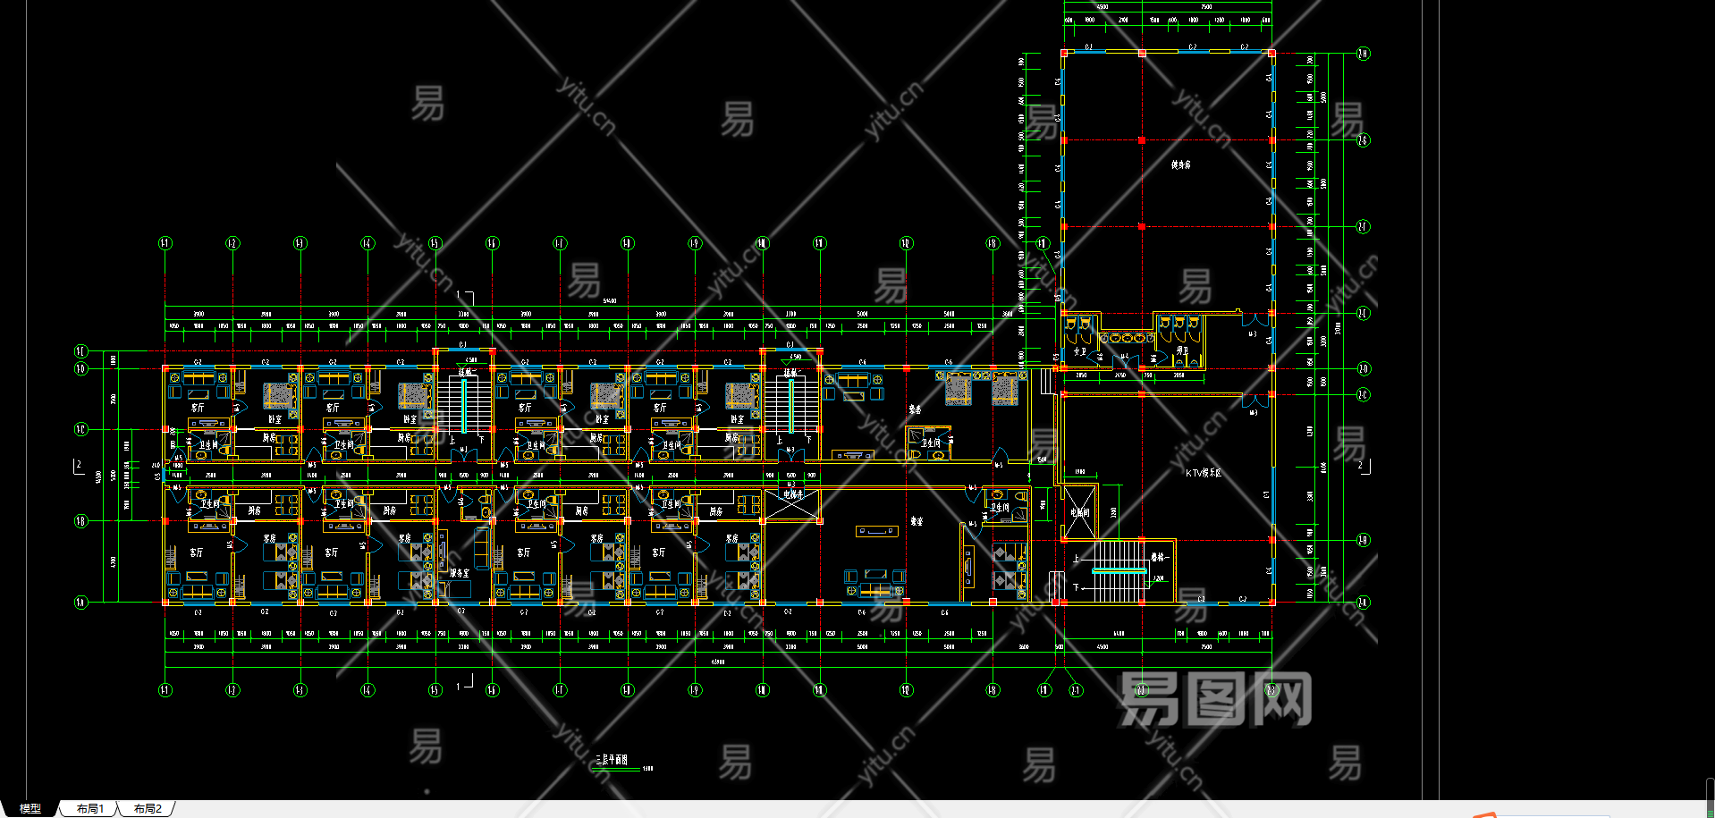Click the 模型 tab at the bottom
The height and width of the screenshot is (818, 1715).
pos(30,808)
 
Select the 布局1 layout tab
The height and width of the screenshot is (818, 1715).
pos(89,808)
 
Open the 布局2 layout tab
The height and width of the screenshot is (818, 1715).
pos(148,808)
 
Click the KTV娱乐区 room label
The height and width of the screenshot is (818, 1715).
pos(1203,473)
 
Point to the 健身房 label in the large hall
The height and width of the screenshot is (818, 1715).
pos(1180,164)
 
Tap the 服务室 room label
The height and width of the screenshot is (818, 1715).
pos(459,573)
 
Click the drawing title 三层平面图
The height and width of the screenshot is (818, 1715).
pos(611,760)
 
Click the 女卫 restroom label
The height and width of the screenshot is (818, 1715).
pos(1079,351)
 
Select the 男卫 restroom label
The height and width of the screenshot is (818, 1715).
pos(1182,351)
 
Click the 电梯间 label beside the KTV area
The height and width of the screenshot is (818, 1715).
pos(1079,512)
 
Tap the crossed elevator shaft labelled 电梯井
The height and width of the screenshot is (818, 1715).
pos(792,504)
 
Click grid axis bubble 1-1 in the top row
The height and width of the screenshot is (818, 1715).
pos(165,243)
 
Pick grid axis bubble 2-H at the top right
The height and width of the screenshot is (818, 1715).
pos(1363,54)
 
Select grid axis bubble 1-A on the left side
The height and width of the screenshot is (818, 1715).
pos(80,603)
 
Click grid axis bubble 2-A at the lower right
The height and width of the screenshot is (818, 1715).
pos(1363,603)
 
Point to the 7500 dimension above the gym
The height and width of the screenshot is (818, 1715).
pos(1206,7)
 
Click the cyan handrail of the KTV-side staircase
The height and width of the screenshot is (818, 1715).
pos(1119,569)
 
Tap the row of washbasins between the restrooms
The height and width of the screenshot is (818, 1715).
pos(1127,338)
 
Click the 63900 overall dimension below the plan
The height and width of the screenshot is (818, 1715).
pos(718,662)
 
